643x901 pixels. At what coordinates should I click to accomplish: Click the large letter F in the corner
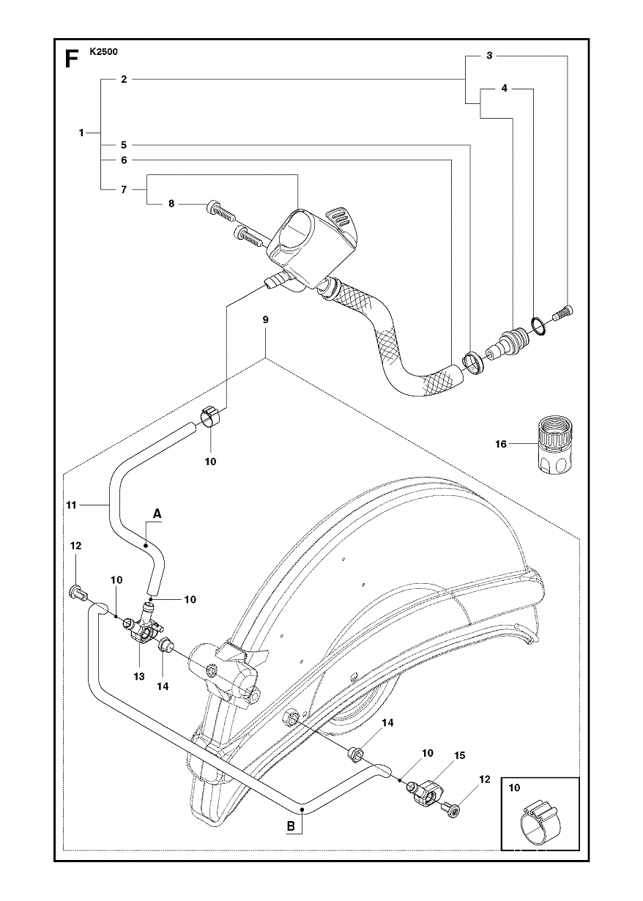71,59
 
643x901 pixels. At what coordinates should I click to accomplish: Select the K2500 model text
104,51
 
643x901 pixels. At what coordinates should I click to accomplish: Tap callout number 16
501,444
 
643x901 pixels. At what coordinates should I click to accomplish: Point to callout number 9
265,320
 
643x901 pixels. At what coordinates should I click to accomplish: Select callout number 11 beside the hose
71,505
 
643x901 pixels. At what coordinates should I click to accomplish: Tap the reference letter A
157,513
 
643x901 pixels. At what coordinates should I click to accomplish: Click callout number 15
459,755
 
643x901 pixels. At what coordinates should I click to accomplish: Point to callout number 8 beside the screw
171,204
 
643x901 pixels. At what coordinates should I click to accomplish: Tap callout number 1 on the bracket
81,133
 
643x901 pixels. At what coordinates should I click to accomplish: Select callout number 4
505,89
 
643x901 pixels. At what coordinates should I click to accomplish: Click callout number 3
489,56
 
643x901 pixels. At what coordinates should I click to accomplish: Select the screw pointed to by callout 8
220,210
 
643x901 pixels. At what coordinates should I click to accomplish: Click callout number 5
124,145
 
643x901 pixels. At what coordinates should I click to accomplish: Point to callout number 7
124,189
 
